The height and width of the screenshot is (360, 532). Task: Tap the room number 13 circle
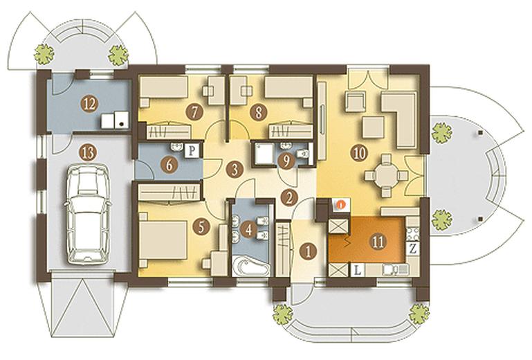click(x=88, y=154)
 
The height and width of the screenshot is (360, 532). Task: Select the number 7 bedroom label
click(x=194, y=112)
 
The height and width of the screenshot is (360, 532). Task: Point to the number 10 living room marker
click(x=360, y=153)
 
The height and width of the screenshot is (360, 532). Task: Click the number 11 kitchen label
click(x=378, y=242)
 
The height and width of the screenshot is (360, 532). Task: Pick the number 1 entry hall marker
click(x=309, y=252)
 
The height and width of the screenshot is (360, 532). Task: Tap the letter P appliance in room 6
click(x=192, y=150)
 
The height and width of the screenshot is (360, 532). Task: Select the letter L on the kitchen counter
click(x=357, y=271)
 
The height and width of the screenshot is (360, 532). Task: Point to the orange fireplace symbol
click(x=341, y=204)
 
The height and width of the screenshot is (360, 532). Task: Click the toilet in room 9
click(x=302, y=154)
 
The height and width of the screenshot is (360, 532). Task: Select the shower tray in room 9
click(x=264, y=154)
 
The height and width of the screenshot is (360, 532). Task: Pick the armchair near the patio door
click(x=355, y=101)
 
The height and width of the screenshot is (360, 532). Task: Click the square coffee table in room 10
click(x=373, y=127)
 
